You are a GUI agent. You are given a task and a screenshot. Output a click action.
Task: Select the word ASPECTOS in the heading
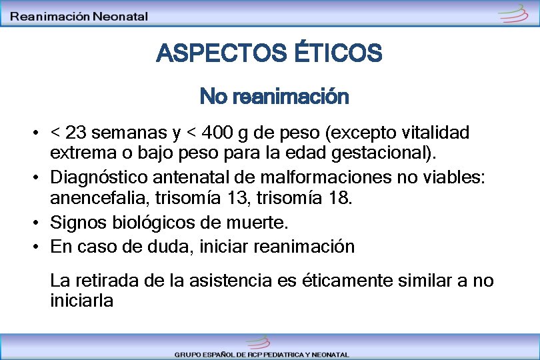pyautogui.click(x=222, y=53)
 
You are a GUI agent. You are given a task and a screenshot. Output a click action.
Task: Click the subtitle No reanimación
pyautogui.click(x=274, y=97)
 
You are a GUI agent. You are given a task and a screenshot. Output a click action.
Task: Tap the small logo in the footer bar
pyautogui.click(x=256, y=342)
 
